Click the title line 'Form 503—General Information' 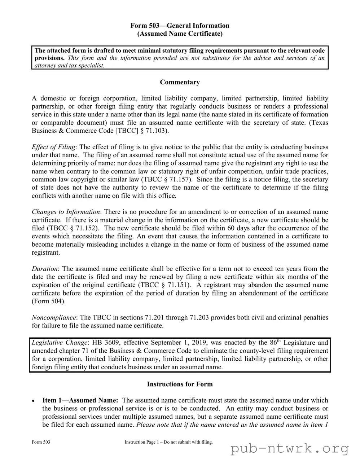pos(180,26)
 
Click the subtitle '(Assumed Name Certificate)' pos(180,34)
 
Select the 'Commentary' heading pos(180,82)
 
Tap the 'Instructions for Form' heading pos(180,384)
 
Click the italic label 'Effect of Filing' pos(54,147)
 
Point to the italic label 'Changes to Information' pos(66,212)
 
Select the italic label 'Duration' pos(45,269)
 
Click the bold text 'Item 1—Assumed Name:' pos(80,400)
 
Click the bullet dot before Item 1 pos(33,401)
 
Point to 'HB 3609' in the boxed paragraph pos(106,343)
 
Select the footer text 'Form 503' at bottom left pos(41,442)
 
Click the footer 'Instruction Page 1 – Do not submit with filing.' pos(168,442)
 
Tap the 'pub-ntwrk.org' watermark pos(290,449)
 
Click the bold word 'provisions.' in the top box pos(49,58)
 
